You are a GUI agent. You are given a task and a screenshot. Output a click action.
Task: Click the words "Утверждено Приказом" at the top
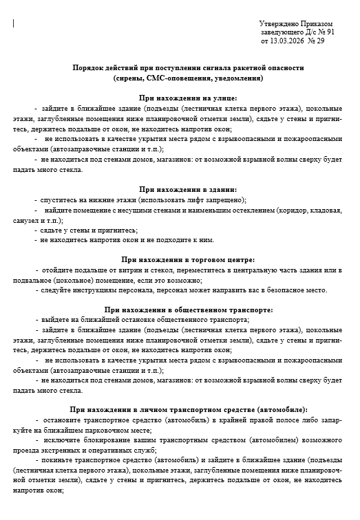[296, 23]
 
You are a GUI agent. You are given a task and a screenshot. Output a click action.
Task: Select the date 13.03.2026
[290, 41]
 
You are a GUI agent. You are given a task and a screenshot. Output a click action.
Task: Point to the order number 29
[320, 41]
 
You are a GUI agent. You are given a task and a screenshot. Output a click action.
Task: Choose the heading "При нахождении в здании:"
[188, 188]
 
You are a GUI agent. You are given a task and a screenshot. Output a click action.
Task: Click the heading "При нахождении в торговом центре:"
[188, 259]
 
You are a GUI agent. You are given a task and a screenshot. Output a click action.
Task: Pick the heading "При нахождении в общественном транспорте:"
[188, 310]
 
